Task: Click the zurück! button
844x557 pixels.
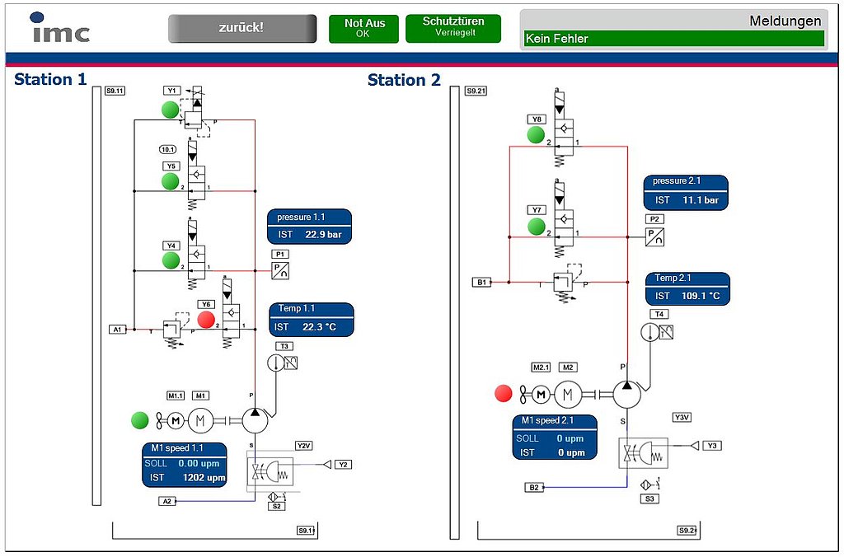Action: [x=241, y=28]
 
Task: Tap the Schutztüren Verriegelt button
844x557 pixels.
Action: [x=452, y=27]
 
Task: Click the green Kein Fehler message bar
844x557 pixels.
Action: [x=673, y=39]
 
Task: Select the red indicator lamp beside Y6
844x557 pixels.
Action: [x=206, y=320]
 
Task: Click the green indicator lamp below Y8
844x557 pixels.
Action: [x=537, y=135]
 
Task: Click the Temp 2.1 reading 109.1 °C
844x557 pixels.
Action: [x=700, y=296]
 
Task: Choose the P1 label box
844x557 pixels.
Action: [x=280, y=255]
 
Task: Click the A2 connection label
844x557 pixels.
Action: [x=167, y=501]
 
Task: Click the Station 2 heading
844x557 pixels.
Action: [x=404, y=80]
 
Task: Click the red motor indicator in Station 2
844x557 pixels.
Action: [x=503, y=394]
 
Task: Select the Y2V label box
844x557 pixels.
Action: [x=304, y=446]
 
